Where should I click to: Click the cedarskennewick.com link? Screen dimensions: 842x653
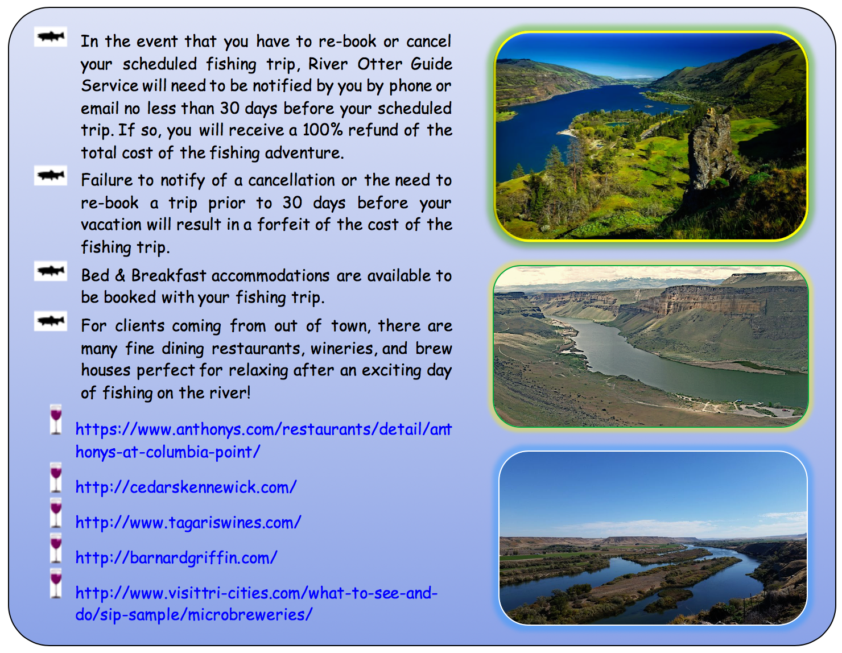(x=186, y=487)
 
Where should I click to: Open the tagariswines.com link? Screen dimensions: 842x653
(x=188, y=522)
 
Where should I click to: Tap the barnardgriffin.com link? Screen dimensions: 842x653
(x=176, y=557)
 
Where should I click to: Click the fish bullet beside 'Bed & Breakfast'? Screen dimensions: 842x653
(x=51, y=271)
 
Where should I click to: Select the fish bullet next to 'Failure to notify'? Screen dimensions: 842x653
(x=51, y=175)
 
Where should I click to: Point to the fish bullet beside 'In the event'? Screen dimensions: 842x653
(x=51, y=36)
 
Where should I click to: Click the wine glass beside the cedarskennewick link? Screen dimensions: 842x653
(x=56, y=477)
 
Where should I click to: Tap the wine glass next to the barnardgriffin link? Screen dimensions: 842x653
(x=56, y=548)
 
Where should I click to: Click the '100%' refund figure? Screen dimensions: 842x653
(x=323, y=130)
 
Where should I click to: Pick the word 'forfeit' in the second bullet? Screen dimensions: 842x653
(x=283, y=224)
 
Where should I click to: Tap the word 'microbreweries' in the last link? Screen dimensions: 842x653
(x=250, y=615)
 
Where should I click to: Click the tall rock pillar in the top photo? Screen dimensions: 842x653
(x=711, y=153)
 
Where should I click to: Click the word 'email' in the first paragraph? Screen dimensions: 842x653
(x=99, y=109)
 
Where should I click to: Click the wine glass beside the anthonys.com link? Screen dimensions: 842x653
(x=56, y=419)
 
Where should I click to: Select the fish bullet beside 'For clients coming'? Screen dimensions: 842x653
(x=51, y=321)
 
